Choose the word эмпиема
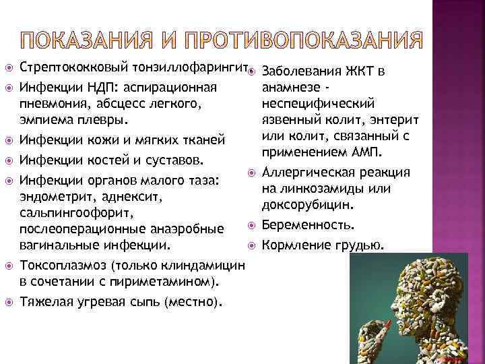[x=46, y=121]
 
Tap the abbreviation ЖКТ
[x=362, y=71]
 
